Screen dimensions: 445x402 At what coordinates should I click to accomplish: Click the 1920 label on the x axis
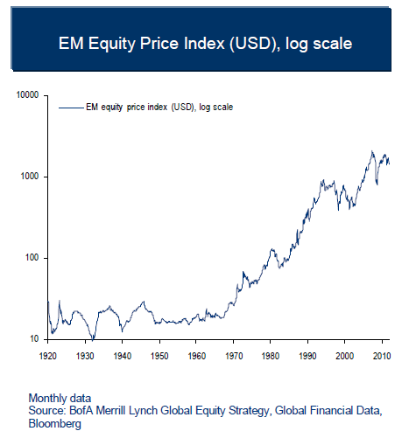[x=48, y=356]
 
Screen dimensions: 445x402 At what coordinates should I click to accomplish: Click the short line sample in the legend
[x=69, y=108]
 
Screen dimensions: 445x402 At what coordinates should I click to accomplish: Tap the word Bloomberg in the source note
[x=56, y=423]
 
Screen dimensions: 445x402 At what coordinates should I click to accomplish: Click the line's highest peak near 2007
[x=372, y=152]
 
